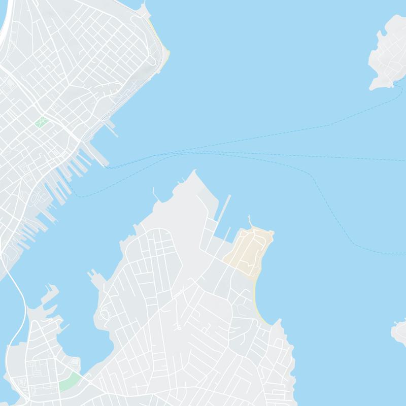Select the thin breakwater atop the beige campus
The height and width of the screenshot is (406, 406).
[x=250, y=222]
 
